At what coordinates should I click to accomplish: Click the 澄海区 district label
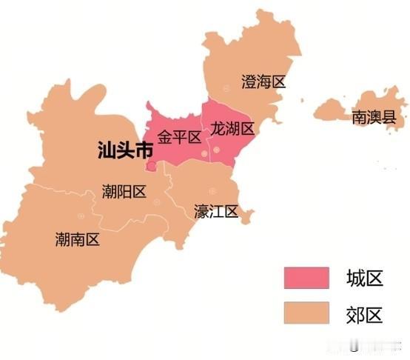click(263, 81)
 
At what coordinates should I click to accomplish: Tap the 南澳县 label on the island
click(374, 116)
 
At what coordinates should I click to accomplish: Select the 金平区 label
click(179, 137)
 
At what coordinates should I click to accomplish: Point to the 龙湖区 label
click(232, 129)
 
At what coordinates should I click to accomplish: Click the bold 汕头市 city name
click(126, 151)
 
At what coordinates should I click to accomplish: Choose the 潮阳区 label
click(124, 192)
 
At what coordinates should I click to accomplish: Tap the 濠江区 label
click(216, 212)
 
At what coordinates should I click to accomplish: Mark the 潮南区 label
click(77, 239)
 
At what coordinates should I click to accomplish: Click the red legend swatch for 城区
click(306, 278)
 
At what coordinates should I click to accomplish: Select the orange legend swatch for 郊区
click(306, 313)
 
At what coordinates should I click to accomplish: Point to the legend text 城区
click(364, 279)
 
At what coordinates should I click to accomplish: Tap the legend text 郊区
click(364, 314)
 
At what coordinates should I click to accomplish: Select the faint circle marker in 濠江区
click(212, 191)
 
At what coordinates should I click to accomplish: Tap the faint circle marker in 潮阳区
click(156, 201)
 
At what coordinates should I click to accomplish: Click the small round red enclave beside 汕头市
click(152, 167)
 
